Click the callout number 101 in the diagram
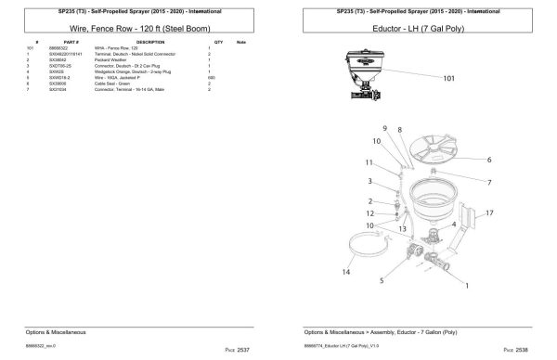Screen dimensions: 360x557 pos(448,79)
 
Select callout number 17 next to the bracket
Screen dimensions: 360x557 pos(489,212)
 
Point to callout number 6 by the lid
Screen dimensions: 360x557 pos(488,159)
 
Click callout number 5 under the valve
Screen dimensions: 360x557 pos(381,278)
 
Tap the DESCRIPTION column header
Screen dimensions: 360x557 pos(149,43)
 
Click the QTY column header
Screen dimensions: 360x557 pos(219,43)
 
